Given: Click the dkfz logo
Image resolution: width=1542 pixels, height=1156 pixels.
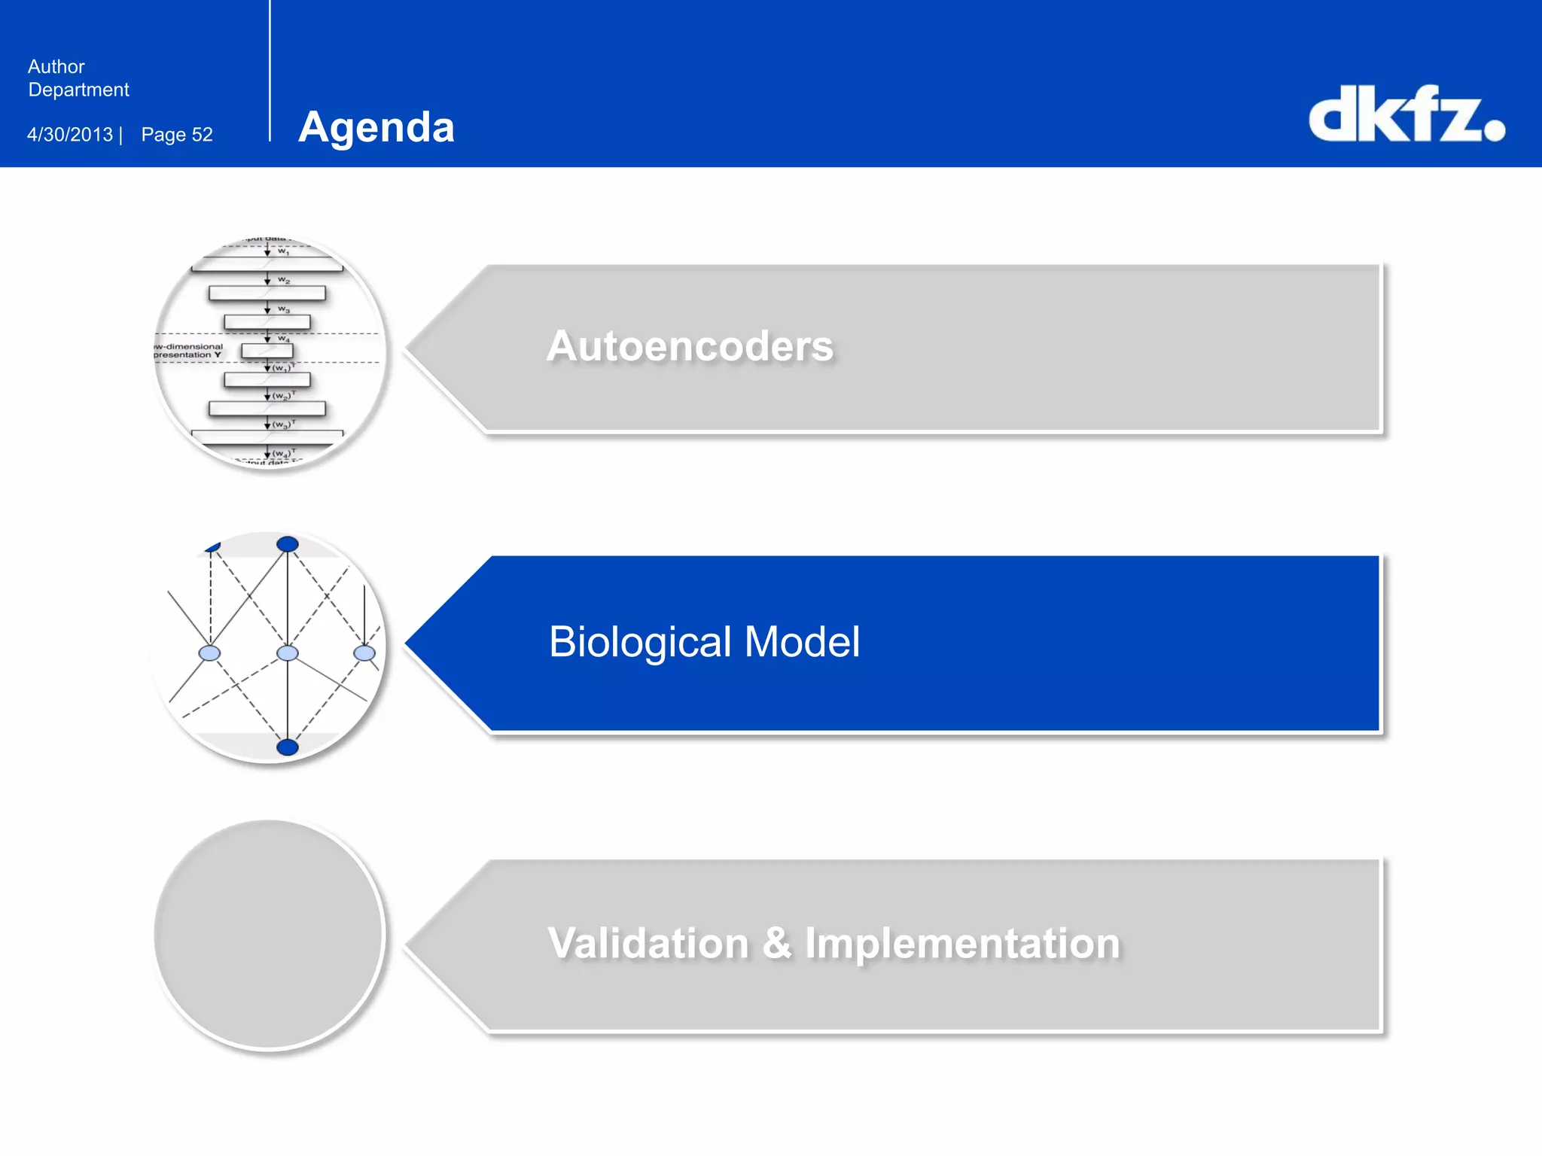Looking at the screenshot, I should pos(1406,114).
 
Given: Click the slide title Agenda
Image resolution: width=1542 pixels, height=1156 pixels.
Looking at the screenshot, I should pos(376,127).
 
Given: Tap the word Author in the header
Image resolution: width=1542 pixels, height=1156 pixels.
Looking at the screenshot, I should pos(56,67).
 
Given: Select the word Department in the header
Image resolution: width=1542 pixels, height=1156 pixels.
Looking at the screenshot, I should pos(78,90).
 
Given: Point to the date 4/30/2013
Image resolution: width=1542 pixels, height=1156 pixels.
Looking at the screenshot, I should pos(70,135).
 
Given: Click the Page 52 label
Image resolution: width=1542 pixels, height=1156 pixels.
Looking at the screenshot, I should pos(177,135).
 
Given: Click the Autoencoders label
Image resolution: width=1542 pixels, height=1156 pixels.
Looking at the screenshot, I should pos(690,346).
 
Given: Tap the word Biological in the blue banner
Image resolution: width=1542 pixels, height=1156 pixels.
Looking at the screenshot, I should pos(640,642).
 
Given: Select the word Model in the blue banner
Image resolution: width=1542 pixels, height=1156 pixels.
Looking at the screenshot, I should pos(802,642).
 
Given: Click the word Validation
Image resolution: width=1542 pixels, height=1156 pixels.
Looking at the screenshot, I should pos(648,943).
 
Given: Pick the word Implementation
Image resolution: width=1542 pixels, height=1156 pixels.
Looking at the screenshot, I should pos(962,943).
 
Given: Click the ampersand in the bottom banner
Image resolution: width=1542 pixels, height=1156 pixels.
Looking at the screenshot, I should pos(777,943).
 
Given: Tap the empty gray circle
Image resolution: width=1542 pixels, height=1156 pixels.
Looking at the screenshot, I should pos(270,935).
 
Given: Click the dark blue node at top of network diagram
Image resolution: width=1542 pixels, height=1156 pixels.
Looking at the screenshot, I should pos(288,544).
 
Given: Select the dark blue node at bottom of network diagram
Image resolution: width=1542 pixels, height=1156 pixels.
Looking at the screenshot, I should pos(288,747).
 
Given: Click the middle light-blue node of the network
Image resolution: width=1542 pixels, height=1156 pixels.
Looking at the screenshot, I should pos(288,653).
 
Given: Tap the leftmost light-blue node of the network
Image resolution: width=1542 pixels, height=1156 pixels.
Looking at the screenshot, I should pos(209,653).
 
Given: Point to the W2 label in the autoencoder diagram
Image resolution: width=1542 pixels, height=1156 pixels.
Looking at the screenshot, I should pos(284,280).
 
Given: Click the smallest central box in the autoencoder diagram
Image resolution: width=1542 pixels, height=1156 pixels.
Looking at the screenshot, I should pos(267,351).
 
